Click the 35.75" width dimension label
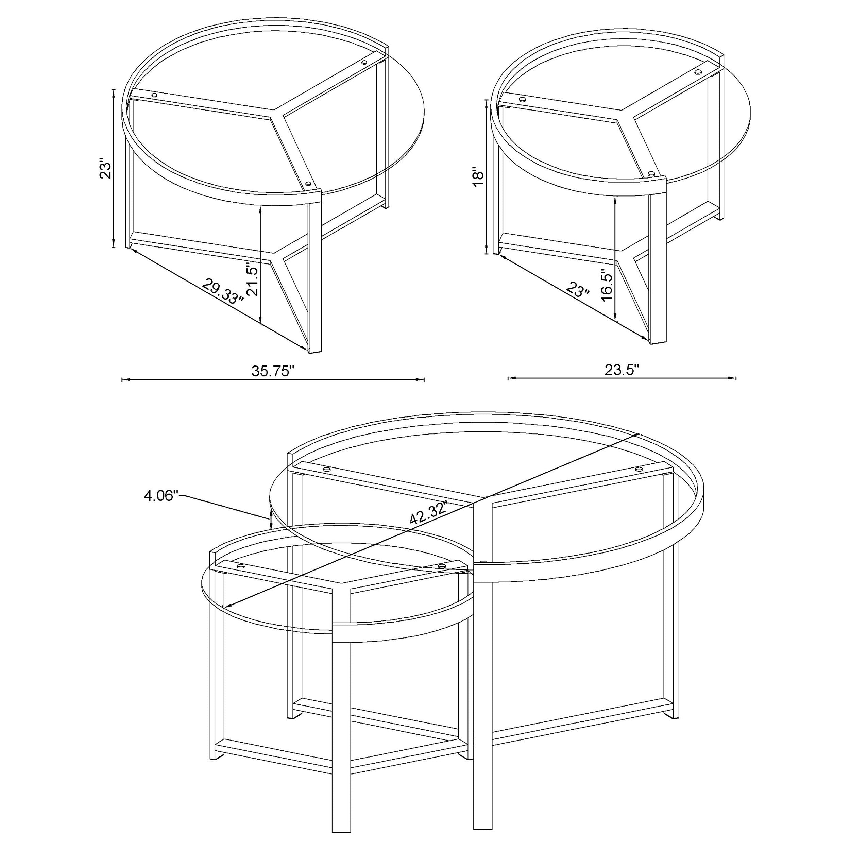point(272,371)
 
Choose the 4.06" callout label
point(161,496)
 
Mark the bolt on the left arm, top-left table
point(154,94)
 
